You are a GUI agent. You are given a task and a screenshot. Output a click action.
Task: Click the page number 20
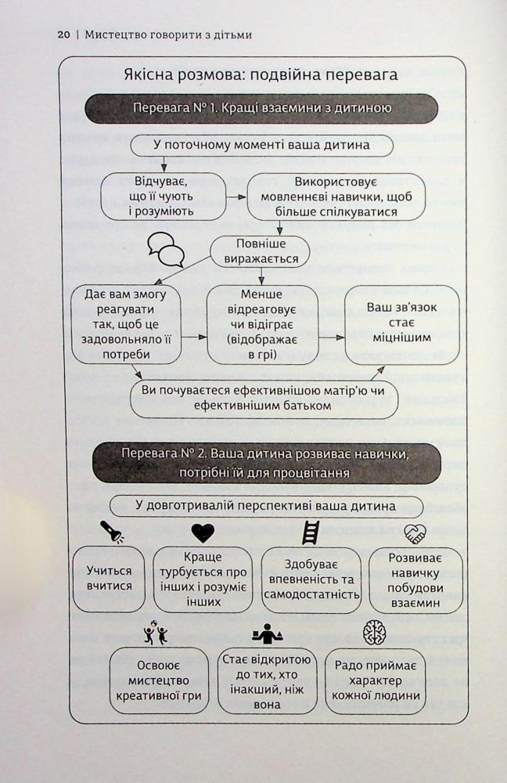[x=64, y=35]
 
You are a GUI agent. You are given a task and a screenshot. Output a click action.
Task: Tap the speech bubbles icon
[x=166, y=249]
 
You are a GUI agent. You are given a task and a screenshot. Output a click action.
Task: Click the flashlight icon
[x=112, y=532]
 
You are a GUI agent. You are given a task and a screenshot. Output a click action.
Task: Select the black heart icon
[x=203, y=532]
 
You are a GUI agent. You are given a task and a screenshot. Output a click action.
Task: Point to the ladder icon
[x=311, y=532]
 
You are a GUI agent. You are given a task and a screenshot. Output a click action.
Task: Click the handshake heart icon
[x=414, y=533]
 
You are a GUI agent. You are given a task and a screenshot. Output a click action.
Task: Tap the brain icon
[x=375, y=632]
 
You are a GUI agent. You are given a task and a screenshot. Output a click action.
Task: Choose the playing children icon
[x=155, y=633]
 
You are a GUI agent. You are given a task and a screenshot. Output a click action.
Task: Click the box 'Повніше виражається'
[x=260, y=251]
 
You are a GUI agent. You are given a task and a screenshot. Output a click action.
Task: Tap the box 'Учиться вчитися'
[x=109, y=579]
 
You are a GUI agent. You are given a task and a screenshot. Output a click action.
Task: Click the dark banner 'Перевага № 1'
[x=262, y=108]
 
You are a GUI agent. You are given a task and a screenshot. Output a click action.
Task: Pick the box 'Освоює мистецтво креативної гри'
[x=159, y=681]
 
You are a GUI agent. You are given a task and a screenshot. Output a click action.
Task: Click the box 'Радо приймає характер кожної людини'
[x=376, y=681]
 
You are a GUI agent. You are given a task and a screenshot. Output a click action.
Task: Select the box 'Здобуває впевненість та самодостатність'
[x=311, y=579]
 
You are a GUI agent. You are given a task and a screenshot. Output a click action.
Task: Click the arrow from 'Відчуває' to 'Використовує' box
[x=236, y=197]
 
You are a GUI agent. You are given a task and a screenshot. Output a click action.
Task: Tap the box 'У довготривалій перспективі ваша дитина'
[x=265, y=506]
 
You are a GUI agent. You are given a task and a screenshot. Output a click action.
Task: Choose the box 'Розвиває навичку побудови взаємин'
[x=415, y=579]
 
